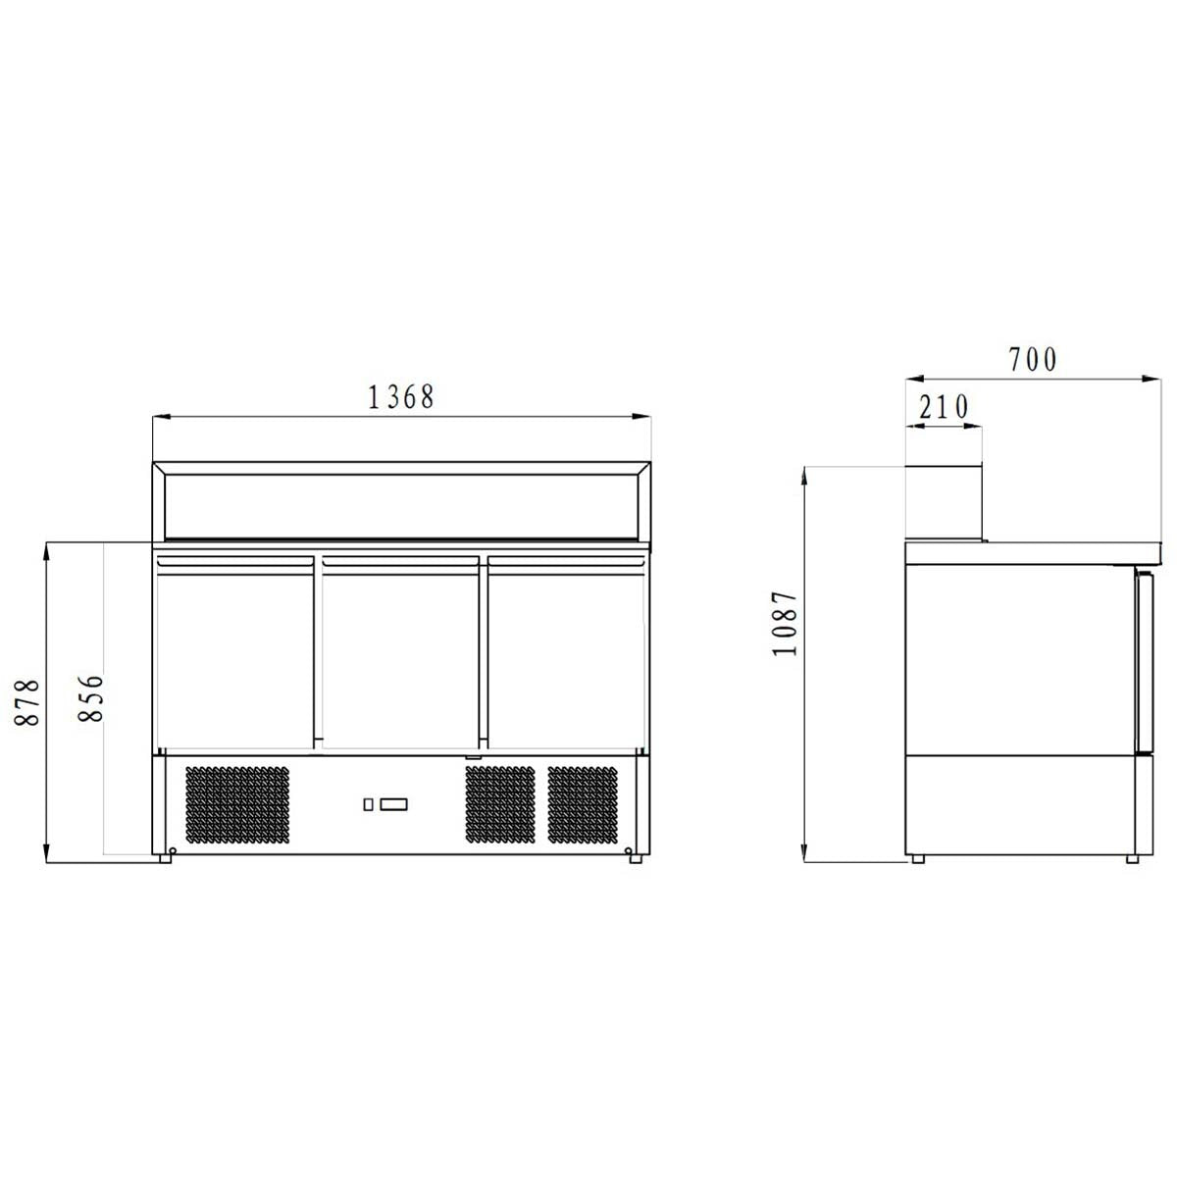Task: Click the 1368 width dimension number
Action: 400,397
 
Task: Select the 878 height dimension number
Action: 28,701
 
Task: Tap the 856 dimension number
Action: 90,697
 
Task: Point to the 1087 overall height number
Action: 786,624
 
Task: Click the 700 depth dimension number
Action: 1033,360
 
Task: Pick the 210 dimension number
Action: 943,406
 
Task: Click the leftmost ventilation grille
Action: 237,804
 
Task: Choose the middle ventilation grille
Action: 500,804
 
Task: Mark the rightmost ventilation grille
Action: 585,804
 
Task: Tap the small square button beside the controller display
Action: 368,805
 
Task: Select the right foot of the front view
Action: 636,859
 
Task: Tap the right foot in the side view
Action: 1132,859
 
